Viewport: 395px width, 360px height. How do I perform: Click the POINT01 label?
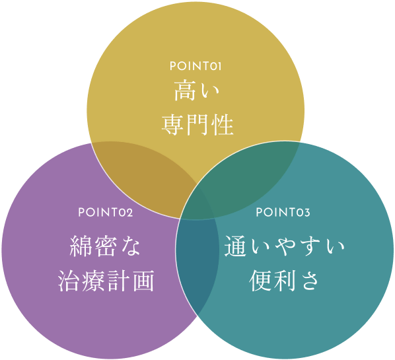click(x=196, y=66)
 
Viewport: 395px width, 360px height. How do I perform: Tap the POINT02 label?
click(x=106, y=213)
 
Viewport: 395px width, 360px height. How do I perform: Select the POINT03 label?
click(x=283, y=213)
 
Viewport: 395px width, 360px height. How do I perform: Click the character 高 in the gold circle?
click(x=185, y=90)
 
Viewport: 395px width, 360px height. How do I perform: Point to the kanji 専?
click(x=173, y=125)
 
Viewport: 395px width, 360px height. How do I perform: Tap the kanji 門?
click(x=197, y=125)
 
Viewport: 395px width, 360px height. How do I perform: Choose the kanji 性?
click(x=222, y=125)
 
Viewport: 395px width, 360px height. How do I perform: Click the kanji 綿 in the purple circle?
click(x=81, y=246)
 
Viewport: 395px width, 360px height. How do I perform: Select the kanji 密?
click(x=106, y=246)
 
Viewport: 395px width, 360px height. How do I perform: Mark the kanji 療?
click(x=93, y=281)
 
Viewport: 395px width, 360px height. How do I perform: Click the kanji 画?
click(x=143, y=281)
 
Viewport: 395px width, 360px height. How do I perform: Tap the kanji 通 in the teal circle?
click(x=235, y=246)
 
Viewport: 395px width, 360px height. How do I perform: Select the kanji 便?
click(x=260, y=281)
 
